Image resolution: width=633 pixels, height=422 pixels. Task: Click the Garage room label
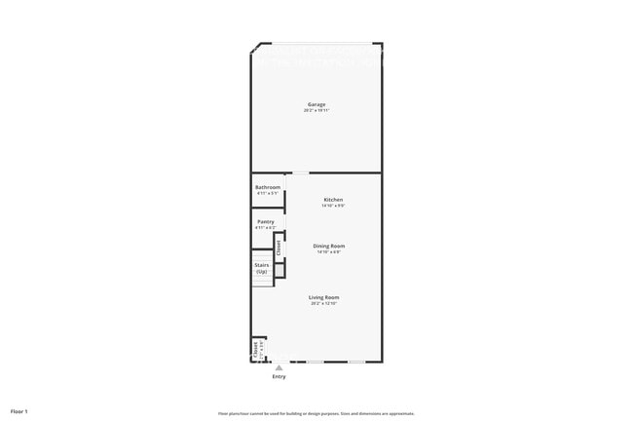(x=316, y=104)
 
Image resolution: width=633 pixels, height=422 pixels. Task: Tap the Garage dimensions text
(x=316, y=110)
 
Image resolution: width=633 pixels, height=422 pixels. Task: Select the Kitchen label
(x=334, y=200)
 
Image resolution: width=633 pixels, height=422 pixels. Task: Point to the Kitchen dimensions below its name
(x=334, y=206)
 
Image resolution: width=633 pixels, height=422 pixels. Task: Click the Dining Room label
(x=328, y=246)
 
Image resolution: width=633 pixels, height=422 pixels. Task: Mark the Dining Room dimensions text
(x=328, y=252)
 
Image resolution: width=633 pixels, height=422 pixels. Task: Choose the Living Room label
(x=324, y=297)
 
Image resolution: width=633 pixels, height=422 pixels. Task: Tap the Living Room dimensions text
(x=324, y=303)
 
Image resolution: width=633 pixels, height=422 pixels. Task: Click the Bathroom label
(x=268, y=187)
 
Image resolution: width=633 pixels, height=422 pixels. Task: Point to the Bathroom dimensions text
(x=268, y=193)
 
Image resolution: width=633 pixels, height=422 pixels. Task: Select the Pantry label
(x=265, y=222)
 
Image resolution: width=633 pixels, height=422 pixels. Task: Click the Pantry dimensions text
(x=265, y=228)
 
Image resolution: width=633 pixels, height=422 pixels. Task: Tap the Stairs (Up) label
(x=262, y=267)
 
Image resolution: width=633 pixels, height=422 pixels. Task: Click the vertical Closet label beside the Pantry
(x=279, y=248)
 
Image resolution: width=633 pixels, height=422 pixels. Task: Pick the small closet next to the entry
(x=257, y=349)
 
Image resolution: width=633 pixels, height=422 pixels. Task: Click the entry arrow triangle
(x=279, y=367)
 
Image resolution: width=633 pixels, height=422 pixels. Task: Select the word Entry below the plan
(x=279, y=376)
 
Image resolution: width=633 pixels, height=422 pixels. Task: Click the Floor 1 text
(x=19, y=411)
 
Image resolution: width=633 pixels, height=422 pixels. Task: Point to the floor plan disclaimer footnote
(x=316, y=413)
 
